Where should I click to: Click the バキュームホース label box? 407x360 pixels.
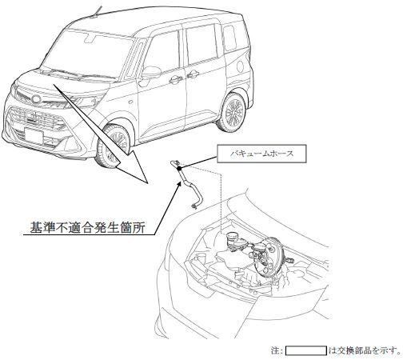261,154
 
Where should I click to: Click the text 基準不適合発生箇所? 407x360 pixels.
87,227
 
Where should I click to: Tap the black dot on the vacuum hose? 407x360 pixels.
179,168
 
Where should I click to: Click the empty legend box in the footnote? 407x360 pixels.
306,350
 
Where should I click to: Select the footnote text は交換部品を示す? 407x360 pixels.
365,350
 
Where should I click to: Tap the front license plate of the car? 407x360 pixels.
34,135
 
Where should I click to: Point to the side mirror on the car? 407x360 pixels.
150,73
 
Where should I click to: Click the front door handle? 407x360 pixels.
176,79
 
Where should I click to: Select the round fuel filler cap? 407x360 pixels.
240,66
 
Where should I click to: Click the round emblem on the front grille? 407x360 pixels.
36,99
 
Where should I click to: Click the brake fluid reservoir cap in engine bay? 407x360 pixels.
232,236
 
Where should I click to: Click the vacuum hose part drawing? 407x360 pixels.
186,184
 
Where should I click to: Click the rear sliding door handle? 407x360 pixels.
193,74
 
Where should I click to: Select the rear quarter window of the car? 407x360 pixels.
229,38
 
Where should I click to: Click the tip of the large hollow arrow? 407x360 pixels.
147,183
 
